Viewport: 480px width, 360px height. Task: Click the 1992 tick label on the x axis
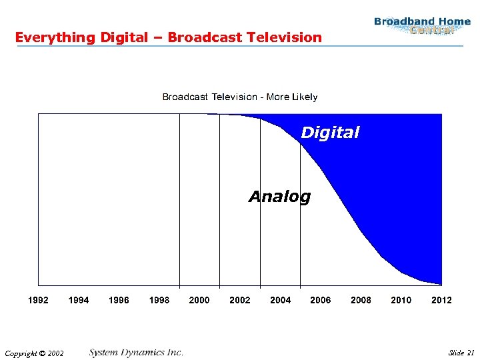[38, 300]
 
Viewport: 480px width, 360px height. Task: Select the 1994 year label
[79, 300]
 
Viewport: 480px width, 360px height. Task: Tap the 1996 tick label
[119, 300]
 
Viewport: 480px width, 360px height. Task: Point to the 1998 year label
[159, 300]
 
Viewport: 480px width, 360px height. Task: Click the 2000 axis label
[199, 300]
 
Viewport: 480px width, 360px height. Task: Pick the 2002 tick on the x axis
[240, 300]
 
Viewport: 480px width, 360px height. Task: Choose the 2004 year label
[280, 300]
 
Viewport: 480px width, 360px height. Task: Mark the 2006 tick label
[321, 300]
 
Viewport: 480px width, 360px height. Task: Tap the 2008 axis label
[361, 300]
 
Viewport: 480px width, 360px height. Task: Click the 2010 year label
[401, 300]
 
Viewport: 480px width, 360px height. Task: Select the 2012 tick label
[441, 300]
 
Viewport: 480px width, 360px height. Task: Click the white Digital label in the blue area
[330, 133]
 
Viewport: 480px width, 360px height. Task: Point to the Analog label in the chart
[279, 197]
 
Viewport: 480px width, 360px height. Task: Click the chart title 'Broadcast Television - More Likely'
[240, 97]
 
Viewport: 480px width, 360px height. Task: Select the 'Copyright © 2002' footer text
[33, 353]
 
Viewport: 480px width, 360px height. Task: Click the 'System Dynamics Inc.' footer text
[136, 352]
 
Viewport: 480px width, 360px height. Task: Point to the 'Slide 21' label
[461, 353]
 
